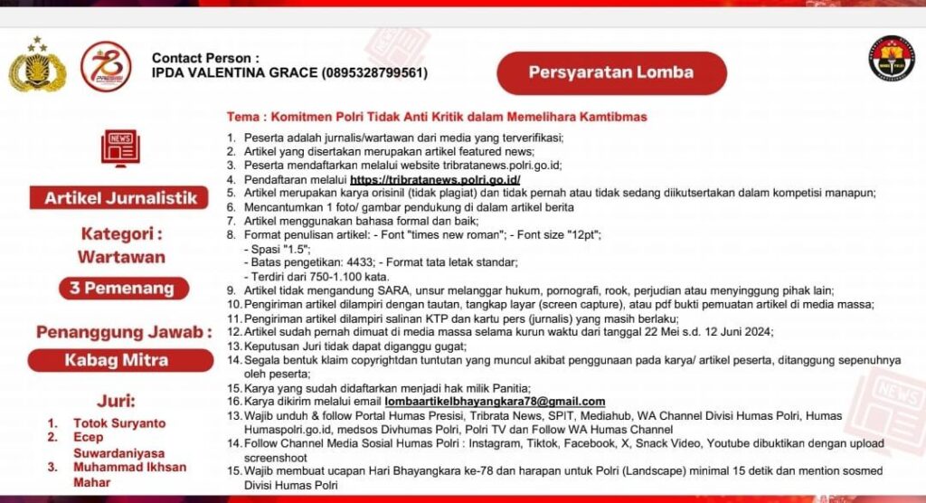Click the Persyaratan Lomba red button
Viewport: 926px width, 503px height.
610,72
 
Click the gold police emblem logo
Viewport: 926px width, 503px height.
37,66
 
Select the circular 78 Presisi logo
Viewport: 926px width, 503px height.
106,66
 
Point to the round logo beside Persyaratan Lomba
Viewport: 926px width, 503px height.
891,60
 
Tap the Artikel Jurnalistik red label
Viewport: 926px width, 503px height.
120,197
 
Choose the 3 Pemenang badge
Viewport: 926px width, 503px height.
121,289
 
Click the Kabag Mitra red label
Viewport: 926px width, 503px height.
121,360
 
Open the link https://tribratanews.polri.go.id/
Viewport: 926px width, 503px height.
435,180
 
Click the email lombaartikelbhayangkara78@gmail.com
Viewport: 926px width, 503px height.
495,401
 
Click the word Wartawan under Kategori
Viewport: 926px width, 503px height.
121,257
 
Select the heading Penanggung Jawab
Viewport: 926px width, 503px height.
121,332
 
